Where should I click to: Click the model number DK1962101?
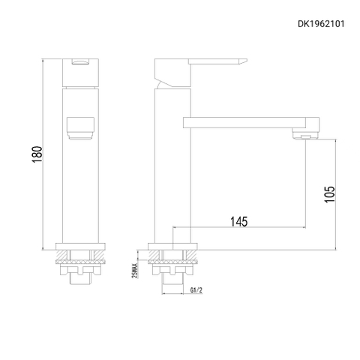click(x=322, y=23)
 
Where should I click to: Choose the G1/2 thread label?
click(x=197, y=291)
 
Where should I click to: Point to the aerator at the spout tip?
click(x=304, y=135)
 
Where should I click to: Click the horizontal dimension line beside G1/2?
click(x=180, y=295)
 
